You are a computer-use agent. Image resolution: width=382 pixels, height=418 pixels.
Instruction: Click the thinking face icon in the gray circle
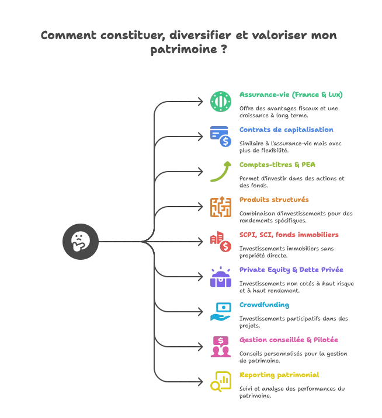pyautogui.click(x=80, y=241)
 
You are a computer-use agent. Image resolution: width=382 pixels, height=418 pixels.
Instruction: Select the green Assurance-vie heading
pyautogui.click(x=291, y=95)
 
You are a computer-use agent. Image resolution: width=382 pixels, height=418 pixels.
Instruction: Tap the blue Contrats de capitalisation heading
pyautogui.click(x=286, y=130)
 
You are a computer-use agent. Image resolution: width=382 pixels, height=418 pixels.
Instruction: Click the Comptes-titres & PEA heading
pyautogui.click(x=277, y=165)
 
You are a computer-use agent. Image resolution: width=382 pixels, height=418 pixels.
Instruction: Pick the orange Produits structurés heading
pyautogui.click(x=274, y=200)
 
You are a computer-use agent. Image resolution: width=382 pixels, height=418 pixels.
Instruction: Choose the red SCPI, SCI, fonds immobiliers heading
pyautogui.click(x=289, y=235)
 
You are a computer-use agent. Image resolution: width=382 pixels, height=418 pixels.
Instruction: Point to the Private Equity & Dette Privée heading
pyautogui.click(x=291, y=270)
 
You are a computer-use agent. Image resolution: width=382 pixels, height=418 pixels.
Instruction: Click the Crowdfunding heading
pyautogui.click(x=264, y=305)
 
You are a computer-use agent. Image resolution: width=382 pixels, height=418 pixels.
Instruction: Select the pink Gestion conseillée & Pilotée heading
pyautogui.click(x=289, y=340)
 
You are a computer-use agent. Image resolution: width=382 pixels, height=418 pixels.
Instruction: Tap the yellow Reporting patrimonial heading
pyautogui.click(x=279, y=375)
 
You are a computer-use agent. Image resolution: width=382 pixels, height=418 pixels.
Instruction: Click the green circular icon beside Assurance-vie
pyautogui.click(x=221, y=101)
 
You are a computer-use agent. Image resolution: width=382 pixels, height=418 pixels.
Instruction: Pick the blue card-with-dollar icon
pyautogui.click(x=221, y=136)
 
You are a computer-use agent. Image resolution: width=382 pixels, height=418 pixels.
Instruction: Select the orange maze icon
pyautogui.click(x=221, y=206)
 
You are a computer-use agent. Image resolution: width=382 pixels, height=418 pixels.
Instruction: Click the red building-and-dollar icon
pyautogui.click(x=221, y=241)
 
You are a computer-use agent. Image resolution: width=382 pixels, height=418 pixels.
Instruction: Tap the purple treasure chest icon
pyautogui.click(x=221, y=276)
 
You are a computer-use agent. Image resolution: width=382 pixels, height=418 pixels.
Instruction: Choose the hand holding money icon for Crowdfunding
pyautogui.click(x=221, y=311)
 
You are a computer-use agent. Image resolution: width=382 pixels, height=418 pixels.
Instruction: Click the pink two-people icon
pyautogui.click(x=221, y=346)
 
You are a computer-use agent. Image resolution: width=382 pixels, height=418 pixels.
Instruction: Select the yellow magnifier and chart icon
pyautogui.click(x=221, y=381)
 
